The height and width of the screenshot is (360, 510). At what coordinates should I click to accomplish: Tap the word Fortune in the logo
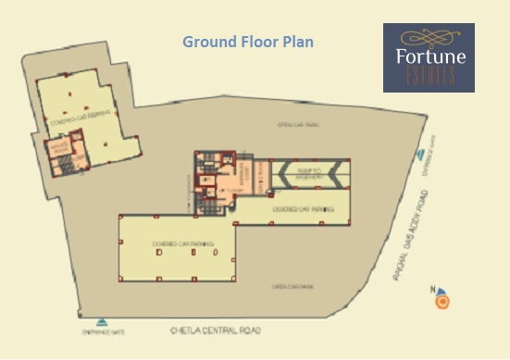(429, 57)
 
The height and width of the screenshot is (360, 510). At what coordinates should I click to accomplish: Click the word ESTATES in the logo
(429, 77)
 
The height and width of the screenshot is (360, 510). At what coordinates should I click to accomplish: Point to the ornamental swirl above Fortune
(429, 38)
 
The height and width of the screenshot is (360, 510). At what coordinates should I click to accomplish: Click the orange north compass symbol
(443, 301)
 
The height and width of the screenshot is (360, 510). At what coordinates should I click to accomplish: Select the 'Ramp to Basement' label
(308, 176)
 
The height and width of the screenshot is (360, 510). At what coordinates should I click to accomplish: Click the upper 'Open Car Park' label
(298, 124)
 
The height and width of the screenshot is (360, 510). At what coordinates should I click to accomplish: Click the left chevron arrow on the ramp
(280, 173)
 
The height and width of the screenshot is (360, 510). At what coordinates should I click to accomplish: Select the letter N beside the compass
(432, 291)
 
